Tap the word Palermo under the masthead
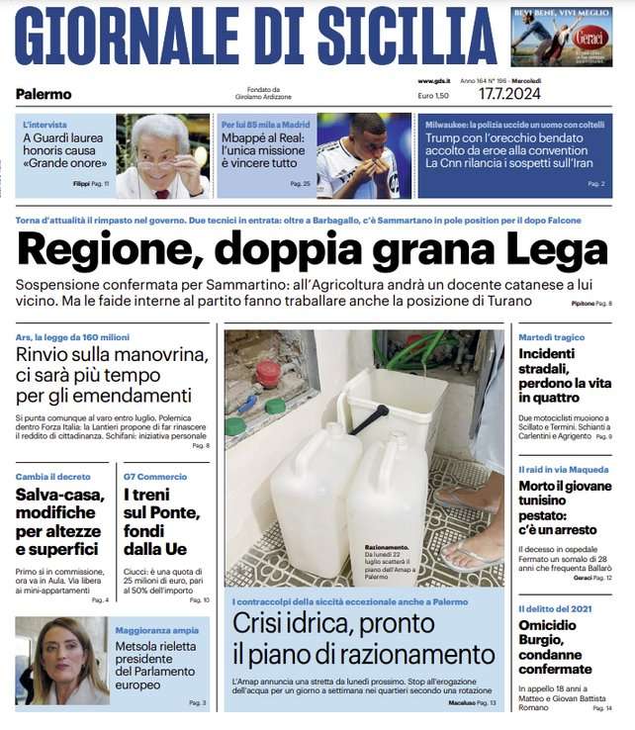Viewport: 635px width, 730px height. click(x=44, y=94)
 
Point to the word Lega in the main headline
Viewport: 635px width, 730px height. click(x=556, y=251)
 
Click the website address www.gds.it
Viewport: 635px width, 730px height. click(x=434, y=81)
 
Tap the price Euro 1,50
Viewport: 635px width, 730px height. click(x=433, y=96)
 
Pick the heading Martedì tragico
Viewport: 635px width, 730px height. click(x=551, y=337)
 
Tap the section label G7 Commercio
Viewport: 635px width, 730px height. click(x=156, y=476)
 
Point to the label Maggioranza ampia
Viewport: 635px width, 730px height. click(x=155, y=629)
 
